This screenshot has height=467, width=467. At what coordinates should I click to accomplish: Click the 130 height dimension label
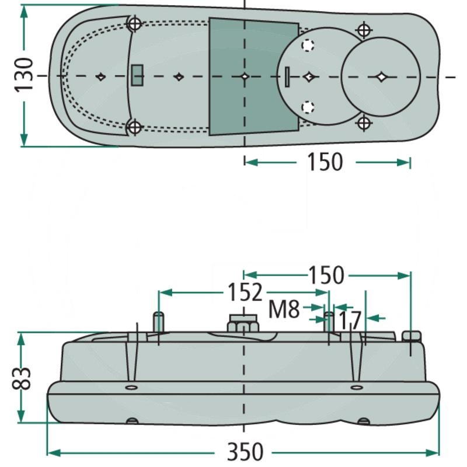pyautogui.click(x=24, y=75)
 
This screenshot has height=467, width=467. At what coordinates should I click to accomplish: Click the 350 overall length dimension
pyautogui.click(x=245, y=452)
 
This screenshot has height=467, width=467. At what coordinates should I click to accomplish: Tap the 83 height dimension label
pyautogui.click(x=21, y=378)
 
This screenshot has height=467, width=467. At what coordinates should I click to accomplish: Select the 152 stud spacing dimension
pyautogui.click(x=245, y=292)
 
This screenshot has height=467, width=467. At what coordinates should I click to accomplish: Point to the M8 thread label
pyautogui.click(x=284, y=309)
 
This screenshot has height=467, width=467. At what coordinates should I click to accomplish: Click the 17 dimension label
pyautogui.click(x=350, y=320)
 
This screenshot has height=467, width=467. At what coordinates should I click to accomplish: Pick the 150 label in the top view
pyautogui.click(x=325, y=162)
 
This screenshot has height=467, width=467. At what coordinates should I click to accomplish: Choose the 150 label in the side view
pyautogui.click(x=326, y=276)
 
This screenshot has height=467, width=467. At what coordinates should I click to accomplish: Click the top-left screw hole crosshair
pyautogui.click(x=135, y=23)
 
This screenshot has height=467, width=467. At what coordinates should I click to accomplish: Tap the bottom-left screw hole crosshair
pyautogui.click(x=135, y=127)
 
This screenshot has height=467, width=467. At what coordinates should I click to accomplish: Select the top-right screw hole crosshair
pyautogui.click(x=364, y=30)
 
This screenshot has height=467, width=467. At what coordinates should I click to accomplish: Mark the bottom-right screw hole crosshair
pyautogui.click(x=364, y=123)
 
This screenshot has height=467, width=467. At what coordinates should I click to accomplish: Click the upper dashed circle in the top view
pyautogui.click(x=308, y=46)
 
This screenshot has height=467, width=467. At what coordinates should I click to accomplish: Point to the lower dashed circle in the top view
pyautogui.click(x=308, y=106)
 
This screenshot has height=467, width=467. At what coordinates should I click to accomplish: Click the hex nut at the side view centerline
pyautogui.click(x=243, y=323)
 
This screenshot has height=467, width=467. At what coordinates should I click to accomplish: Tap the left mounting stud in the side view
pyautogui.click(x=158, y=322)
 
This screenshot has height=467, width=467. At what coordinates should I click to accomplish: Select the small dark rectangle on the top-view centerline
pyautogui.click(x=137, y=76)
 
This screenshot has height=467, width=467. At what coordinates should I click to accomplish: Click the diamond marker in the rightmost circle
pyautogui.click(x=381, y=77)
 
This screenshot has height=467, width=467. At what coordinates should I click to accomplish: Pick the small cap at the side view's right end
pyautogui.click(x=412, y=336)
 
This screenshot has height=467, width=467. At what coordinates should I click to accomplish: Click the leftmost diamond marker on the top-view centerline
pyautogui.click(x=101, y=76)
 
